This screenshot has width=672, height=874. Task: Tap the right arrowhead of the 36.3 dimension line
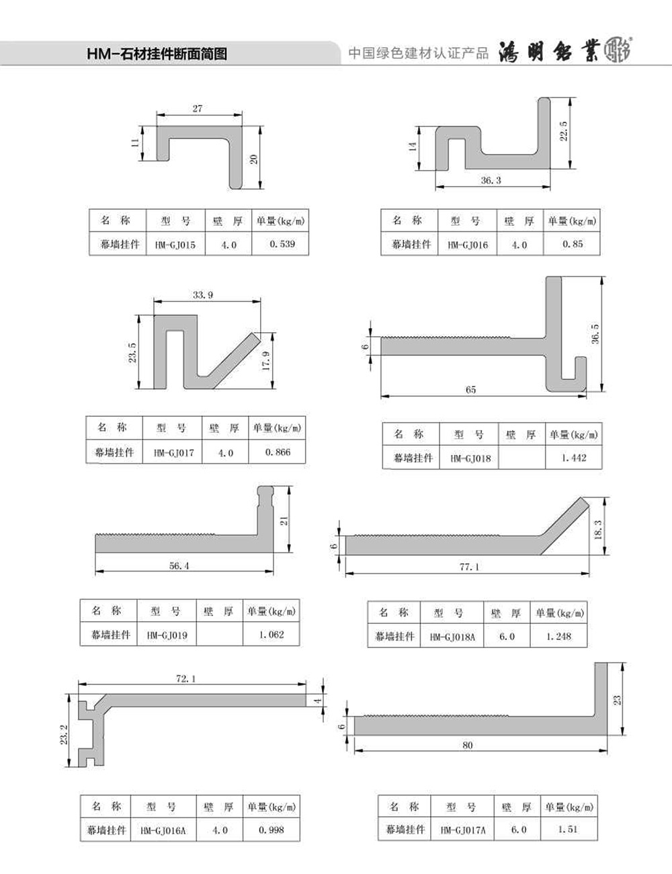[548, 186]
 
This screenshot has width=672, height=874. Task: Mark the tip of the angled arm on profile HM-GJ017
[257, 336]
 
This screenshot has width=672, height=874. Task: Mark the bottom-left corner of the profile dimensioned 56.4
[95, 552]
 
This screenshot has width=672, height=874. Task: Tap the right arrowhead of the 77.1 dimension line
[587, 573]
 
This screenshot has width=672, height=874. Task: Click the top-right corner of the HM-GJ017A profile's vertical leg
[607, 663]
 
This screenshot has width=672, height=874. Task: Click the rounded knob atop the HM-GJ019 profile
[265, 491]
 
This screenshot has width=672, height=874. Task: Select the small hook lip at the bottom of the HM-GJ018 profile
[581, 368]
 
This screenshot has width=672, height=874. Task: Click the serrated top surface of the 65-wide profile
[446, 337]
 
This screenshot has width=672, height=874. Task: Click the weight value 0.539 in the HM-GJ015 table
[282, 244]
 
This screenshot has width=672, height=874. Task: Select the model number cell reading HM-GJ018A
[452, 637]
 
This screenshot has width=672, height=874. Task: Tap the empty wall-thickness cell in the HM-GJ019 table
[220, 634]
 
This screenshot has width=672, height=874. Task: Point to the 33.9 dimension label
[202, 295]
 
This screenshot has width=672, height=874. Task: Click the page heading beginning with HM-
[157, 54]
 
